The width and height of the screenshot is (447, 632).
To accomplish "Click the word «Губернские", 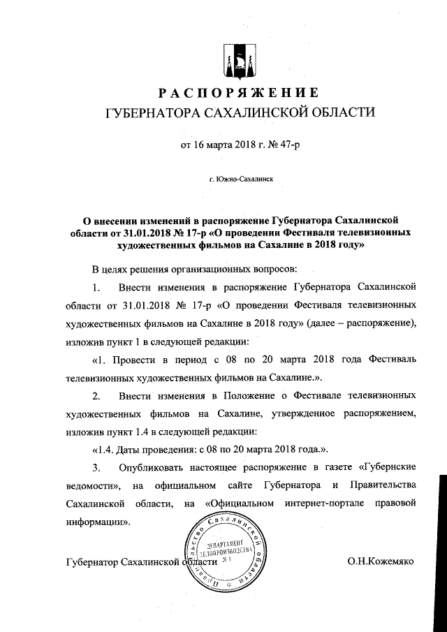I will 386,467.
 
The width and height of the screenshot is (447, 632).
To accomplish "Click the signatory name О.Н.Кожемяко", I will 381,561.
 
